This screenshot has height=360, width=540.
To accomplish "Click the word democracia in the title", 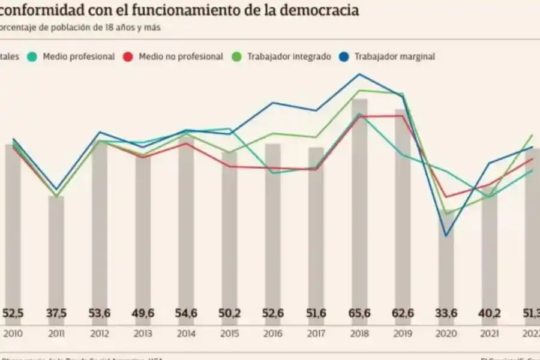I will click(x=323, y=10).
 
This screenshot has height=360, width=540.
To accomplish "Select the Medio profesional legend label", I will click(x=79, y=56).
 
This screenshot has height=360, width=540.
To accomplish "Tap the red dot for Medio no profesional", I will click(x=127, y=56).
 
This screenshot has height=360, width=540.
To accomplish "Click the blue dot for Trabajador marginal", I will click(x=343, y=56).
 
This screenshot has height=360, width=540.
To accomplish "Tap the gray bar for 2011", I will click(x=56, y=246).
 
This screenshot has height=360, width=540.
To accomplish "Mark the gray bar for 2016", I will click(x=273, y=222).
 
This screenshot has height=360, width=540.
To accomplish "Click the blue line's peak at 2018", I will click(x=359, y=74).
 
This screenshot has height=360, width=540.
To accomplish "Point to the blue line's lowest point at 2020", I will click(x=446, y=236).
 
